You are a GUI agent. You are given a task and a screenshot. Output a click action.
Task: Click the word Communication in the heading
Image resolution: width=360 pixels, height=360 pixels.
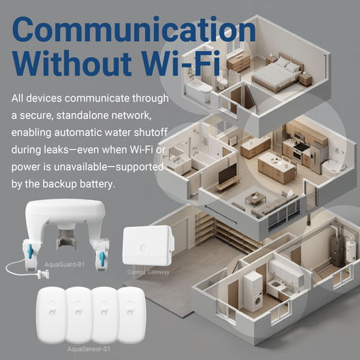coord(134,30)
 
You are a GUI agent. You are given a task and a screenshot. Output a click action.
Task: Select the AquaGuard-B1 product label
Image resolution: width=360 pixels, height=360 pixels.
coord(65,264)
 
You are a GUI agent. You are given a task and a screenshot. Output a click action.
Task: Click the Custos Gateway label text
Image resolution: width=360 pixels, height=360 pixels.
coord(148,272)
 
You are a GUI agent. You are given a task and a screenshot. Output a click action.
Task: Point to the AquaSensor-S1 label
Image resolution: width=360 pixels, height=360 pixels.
coord(89,349)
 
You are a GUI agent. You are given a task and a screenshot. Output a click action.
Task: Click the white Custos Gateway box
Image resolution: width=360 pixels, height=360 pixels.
coord(148,246)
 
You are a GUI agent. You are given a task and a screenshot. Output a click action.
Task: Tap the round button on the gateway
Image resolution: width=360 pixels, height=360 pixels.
coord(143,248)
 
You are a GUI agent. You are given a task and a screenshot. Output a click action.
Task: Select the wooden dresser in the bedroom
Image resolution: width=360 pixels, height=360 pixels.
coord(239,61)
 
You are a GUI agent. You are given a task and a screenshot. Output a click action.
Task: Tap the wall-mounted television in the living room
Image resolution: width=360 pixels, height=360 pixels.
coord(228,174)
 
